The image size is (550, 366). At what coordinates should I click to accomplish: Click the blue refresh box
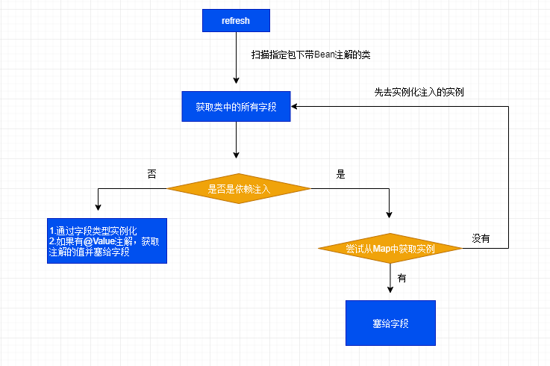click(x=235, y=20)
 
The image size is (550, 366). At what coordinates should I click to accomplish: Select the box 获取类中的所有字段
click(x=236, y=107)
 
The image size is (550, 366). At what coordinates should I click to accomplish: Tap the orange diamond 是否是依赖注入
click(x=238, y=189)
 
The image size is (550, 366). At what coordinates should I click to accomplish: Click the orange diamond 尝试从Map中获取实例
click(x=390, y=248)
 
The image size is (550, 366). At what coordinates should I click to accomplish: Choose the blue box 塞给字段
click(x=390, y=323)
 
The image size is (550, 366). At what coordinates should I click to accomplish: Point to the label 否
click(x=152, y=174)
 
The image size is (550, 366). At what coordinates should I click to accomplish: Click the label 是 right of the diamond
click(x=341, y=175)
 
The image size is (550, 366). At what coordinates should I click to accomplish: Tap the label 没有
click(x=481, y=238)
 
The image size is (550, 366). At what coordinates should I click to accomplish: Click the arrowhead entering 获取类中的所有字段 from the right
click(x=296, y=107)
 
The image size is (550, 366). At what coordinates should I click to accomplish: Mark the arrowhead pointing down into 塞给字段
click(x=390, y=296)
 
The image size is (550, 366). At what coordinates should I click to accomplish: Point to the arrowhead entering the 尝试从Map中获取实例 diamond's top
click(x=390, y=214)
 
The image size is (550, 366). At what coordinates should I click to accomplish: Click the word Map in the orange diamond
click(x=382, y=248)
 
